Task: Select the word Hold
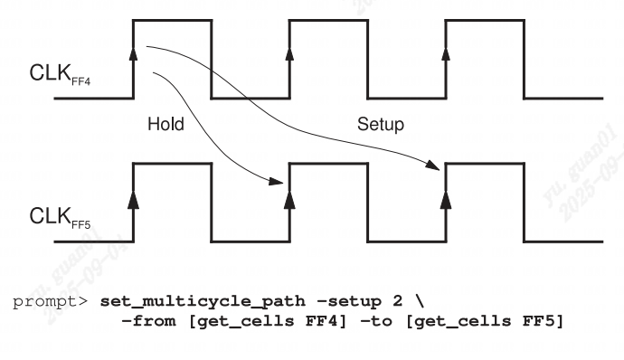[x=165, y=125]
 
